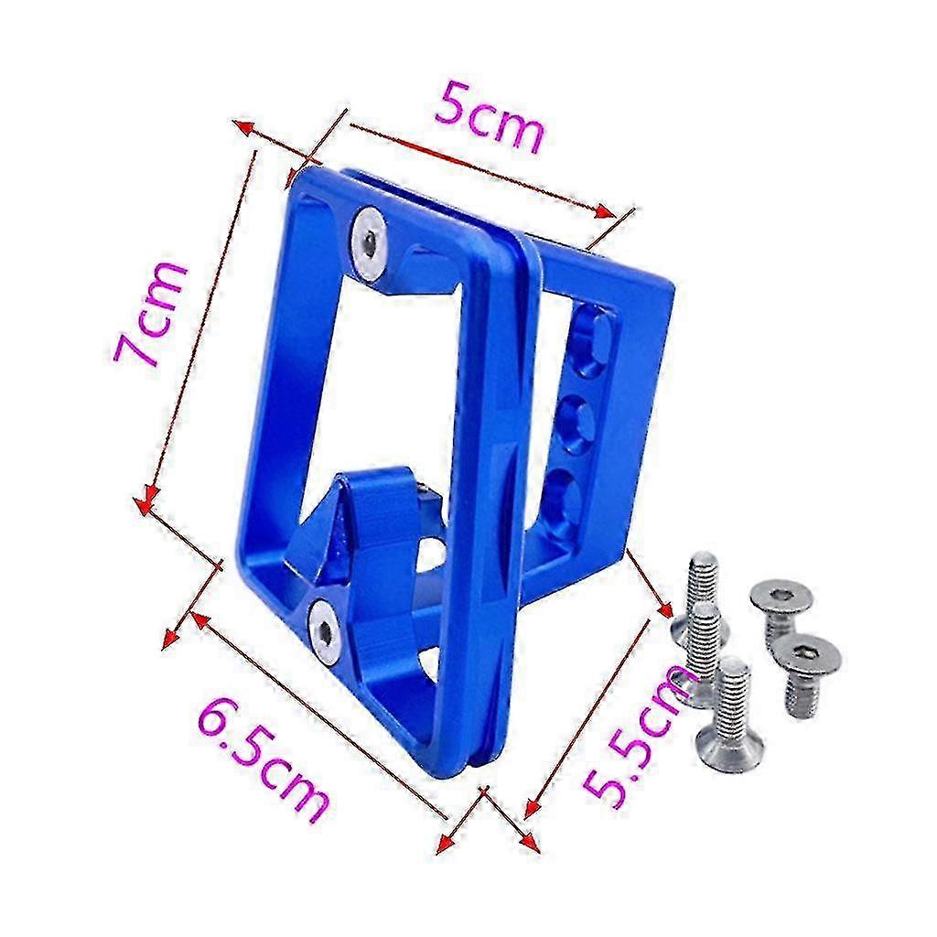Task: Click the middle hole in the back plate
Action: pos(579,420)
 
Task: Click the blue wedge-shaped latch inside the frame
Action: pos(359,526)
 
